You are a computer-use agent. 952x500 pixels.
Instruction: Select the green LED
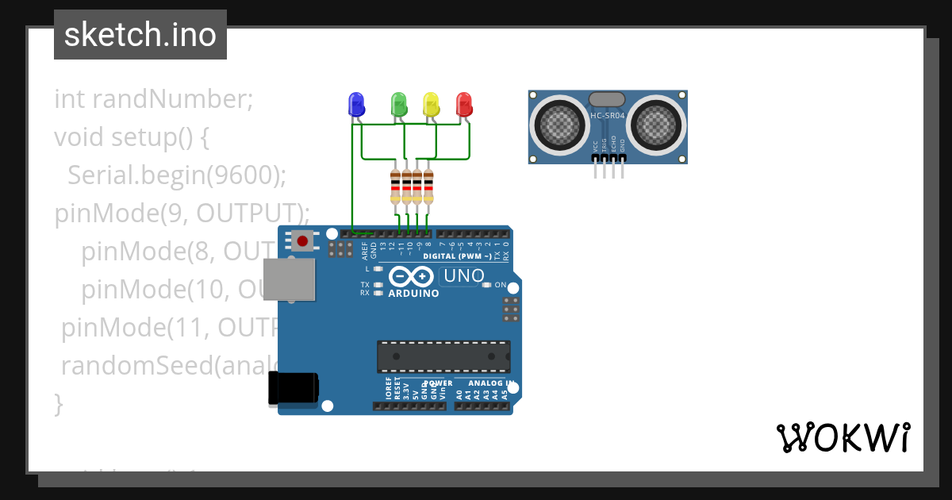398,104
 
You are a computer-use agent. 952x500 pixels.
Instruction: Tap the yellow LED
431,104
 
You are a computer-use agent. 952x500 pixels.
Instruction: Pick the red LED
464,104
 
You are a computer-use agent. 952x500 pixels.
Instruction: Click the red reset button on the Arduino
301,240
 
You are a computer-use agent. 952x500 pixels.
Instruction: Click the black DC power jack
293,389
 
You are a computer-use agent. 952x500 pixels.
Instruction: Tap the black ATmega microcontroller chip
443,356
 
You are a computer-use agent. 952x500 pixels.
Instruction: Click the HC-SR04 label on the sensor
608,116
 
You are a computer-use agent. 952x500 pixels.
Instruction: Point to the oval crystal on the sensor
608,99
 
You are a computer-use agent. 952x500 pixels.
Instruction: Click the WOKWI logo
843,437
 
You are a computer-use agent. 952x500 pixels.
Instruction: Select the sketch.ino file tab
140,35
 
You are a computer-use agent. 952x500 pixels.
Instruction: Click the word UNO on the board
463,276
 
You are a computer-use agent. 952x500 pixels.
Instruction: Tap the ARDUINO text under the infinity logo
413,294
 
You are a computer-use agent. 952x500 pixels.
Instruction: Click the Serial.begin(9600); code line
176,175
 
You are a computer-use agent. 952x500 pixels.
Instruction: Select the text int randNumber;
153,99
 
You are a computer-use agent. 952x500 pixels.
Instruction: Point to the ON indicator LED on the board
488,285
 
